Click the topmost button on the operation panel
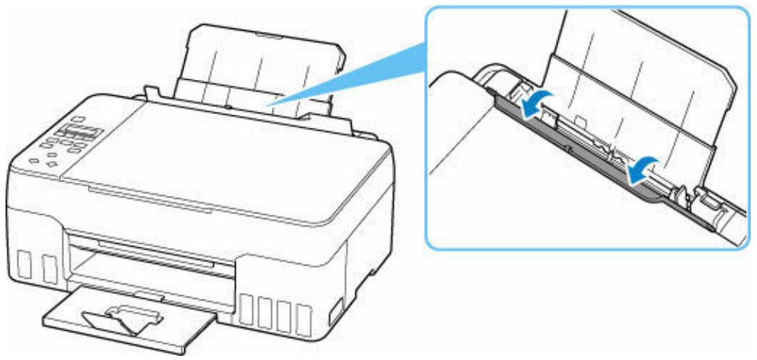(77, 120)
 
